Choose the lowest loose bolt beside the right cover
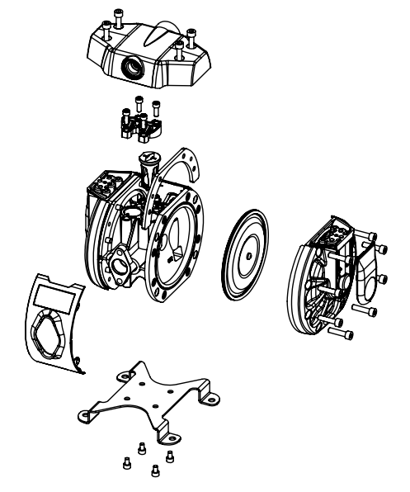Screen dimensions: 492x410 click(344, 334)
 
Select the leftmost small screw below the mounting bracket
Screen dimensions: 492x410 click(126, 464)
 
